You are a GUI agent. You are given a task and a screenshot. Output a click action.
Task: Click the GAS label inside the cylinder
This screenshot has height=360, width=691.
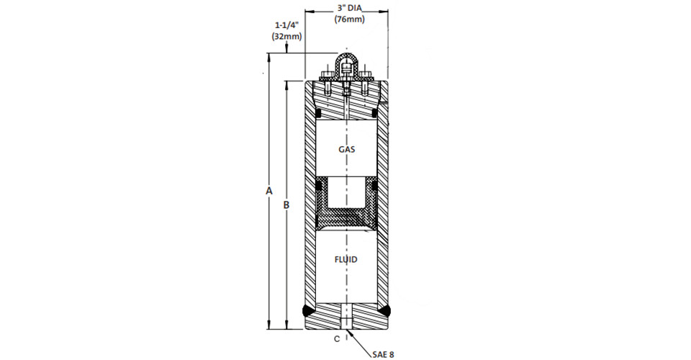347,149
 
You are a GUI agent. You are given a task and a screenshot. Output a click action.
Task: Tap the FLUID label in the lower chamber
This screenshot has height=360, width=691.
346,259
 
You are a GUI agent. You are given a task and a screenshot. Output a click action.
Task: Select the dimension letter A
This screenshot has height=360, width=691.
268,191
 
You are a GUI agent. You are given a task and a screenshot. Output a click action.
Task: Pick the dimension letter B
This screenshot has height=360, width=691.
286,205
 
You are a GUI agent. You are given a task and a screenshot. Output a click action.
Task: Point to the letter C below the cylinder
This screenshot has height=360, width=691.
337,339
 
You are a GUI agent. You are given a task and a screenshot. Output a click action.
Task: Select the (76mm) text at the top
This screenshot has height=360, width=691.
349,20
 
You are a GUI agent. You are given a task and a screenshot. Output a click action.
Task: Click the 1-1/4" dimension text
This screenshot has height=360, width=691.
287,25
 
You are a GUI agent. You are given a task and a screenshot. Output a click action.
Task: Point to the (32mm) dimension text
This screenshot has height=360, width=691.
287,36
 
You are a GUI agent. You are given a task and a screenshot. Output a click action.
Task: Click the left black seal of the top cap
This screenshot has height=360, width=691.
317,114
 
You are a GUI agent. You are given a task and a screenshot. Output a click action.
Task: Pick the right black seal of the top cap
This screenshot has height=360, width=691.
374,114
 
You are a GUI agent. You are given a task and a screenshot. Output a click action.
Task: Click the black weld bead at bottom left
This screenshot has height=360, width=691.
307,311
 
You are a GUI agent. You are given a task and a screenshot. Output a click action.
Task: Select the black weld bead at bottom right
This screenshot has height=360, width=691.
386,311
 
